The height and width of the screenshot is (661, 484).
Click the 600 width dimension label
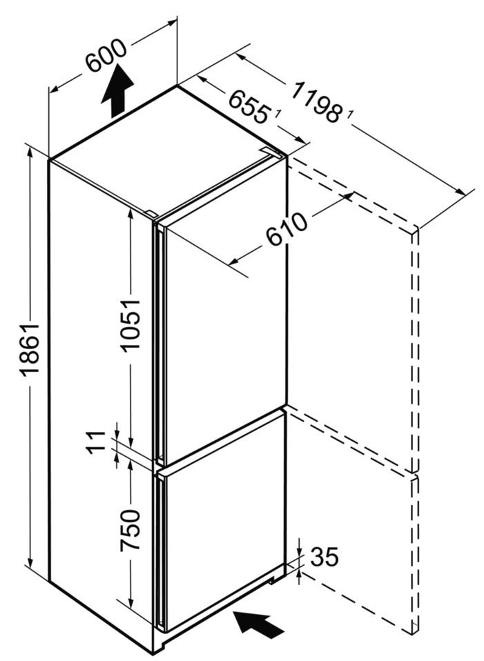click(x=106, y=56)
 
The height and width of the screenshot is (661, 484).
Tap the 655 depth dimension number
click(x=249, y=108)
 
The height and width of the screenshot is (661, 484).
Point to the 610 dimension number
click(x=287, y=230)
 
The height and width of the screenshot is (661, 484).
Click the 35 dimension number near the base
click(x=325, y=556)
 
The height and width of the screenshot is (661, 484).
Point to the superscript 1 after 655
click(x=278, y=114)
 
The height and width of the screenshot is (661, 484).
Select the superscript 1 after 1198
click(x=350, y=115)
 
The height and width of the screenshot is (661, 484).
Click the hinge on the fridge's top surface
click(x=270, y=151)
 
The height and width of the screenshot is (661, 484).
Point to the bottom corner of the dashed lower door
click(x=413, y=633)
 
